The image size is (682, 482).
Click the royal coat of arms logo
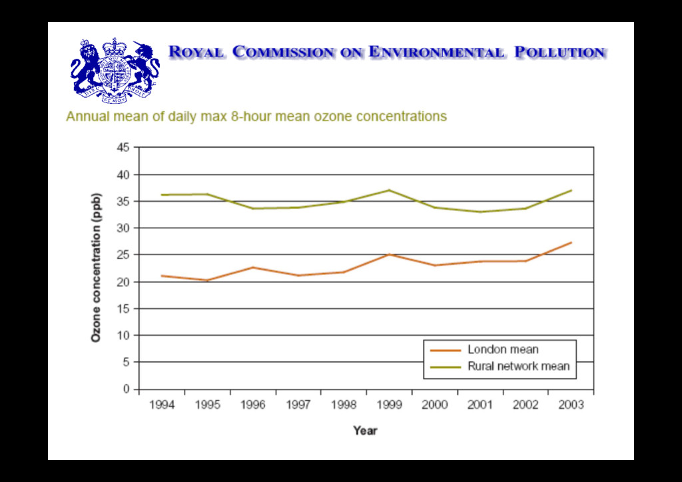[x=115, y=70]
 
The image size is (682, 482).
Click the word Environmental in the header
[x=436, y=52]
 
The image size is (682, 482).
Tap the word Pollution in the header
[x=560, y=52]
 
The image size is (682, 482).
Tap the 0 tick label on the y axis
[x=127, y=389]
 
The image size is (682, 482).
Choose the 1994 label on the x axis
[x=162, y=405]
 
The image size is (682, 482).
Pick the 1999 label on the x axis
[x=390, y=405]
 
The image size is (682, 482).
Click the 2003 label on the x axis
[x=571, y=405]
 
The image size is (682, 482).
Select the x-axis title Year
[x=365, y=431]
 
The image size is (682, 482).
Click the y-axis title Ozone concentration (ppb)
[x=97, y=268]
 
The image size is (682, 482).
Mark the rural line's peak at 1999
[x=390, y=190]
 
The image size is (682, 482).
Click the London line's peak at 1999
[x=390, y=254]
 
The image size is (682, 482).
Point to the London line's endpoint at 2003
[x=571, y=242]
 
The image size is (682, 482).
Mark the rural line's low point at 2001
[x=481, y=212]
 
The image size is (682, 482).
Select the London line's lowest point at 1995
[x=207, y=280]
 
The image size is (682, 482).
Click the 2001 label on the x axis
[x=481, y=405]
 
